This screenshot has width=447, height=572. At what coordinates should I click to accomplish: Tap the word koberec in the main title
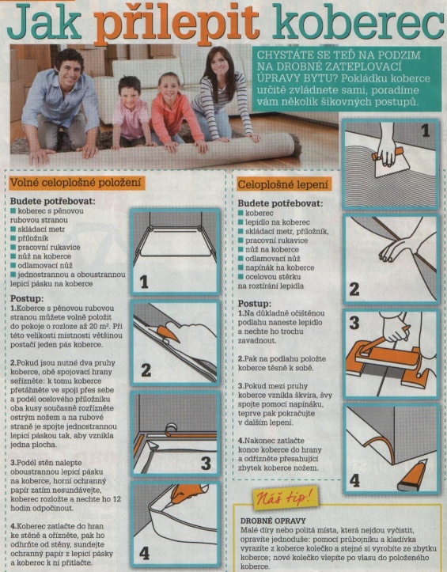click(x=358, y=23)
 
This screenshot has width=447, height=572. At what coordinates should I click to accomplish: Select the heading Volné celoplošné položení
click(x=75, y=183)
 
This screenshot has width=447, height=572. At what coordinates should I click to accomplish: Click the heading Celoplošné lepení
click(x=282, y=184)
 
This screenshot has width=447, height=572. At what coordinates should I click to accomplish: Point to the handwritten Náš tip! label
click(x=285, y=497)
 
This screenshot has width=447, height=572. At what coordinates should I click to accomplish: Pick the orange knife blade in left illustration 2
click(x=167, y=333)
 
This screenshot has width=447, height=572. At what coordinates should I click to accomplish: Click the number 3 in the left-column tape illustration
click(x=206, y=464)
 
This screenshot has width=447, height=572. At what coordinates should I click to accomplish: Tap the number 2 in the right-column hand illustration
click(x=354, y=289)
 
